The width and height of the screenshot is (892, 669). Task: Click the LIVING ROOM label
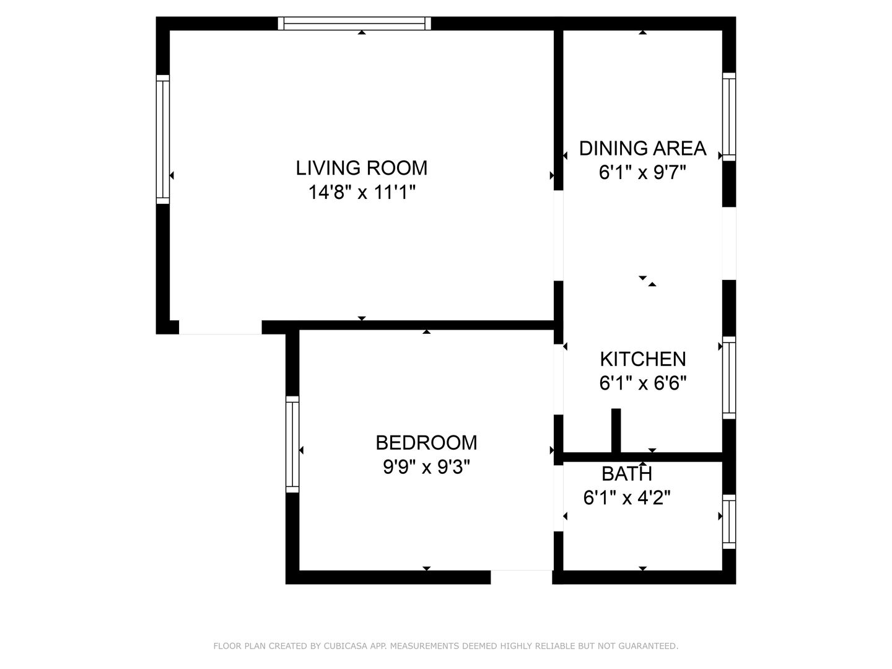click(361, 168)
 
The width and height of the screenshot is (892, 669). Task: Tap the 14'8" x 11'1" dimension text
click(362, 192)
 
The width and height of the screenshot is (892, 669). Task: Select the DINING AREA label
click(642, 148)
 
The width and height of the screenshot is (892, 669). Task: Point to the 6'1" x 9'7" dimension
click(642, 172)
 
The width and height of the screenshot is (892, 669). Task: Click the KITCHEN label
click(643, 359)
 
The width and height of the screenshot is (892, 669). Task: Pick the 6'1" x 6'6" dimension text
click(643, 383)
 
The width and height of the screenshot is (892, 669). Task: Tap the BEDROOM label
click(426, 443)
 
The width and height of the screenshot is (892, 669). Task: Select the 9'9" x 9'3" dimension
click(426, 466)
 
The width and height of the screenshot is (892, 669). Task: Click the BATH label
click(627, 474)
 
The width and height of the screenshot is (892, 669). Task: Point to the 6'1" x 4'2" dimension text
click(627, 497)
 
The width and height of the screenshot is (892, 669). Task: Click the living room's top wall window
click(354, 23)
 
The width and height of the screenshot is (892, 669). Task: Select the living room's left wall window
click(162, 139)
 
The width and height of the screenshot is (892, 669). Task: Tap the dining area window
click(729, 116)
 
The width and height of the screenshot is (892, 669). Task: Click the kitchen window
click(729, 378)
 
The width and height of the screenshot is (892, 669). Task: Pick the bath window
click(729, 522)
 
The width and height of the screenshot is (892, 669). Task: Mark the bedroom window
click(292, 444)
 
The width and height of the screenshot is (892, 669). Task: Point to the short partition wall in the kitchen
click(616, 431)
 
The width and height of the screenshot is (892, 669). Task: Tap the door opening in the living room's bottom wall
click(221, 328)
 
